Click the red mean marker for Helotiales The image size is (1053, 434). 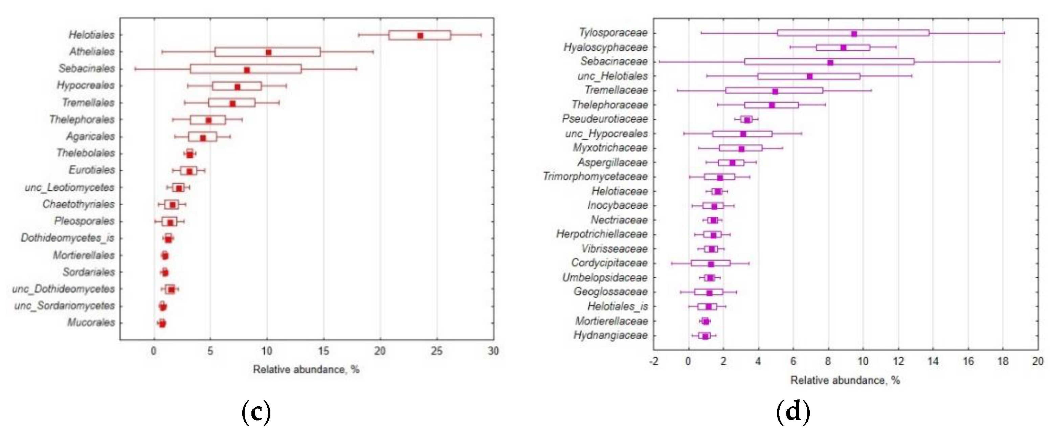[420, 36]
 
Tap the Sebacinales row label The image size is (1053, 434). [87, 68]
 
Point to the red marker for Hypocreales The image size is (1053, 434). [237, 87]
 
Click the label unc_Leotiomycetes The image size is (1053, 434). [69, 187]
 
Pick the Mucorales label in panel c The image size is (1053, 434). [91, 322]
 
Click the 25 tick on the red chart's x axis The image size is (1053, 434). [436, 351]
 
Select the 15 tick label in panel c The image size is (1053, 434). [323, 351]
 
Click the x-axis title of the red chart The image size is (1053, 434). [306, 369]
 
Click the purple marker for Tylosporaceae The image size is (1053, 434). [854, 33]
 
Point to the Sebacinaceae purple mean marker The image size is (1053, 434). [830, 63]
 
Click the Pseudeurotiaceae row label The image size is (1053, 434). [605, 119]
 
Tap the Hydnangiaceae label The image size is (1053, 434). [611, 335]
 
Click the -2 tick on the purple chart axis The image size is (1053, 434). [654, 361]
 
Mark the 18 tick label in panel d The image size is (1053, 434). [1003, 361]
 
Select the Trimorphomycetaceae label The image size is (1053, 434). [595, 177]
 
